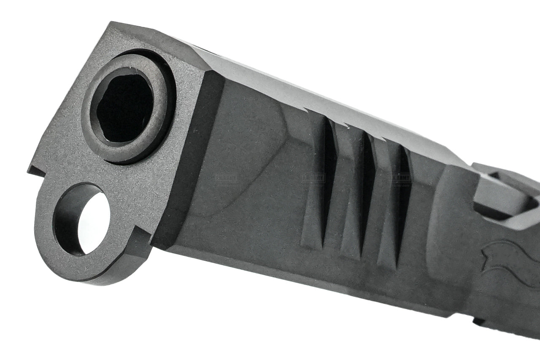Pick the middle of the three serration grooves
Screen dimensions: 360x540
365,194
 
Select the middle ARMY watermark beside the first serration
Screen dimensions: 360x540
313,178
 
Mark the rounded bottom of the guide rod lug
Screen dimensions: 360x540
84,276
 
